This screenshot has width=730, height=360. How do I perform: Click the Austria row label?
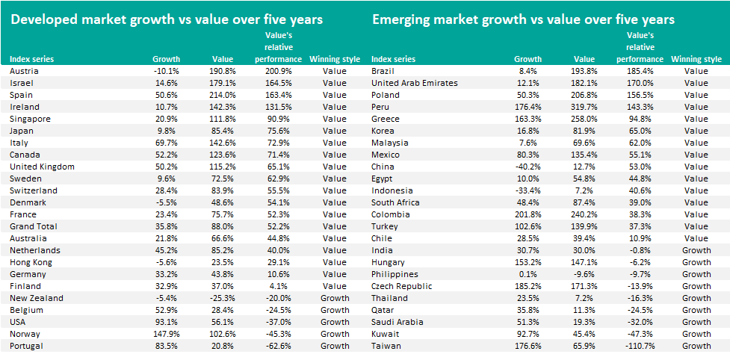pos(23,71)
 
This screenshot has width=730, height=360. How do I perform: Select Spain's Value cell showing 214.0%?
pos(222,95)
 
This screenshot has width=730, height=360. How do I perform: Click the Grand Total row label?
pos(33,226)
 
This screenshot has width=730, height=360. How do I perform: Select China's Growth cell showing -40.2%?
pos(528,167)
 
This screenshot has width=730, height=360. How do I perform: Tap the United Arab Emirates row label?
pos(414,83)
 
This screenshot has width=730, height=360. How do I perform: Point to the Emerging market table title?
pos(523,19)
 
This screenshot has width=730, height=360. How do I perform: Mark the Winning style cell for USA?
pos(335,322)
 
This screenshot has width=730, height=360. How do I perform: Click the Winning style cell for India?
pos(696,250)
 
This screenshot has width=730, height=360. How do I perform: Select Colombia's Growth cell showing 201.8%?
pos(528,214)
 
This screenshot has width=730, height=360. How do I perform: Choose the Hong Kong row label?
pos(31,262)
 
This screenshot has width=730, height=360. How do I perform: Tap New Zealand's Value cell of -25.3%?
pos(222,298)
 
